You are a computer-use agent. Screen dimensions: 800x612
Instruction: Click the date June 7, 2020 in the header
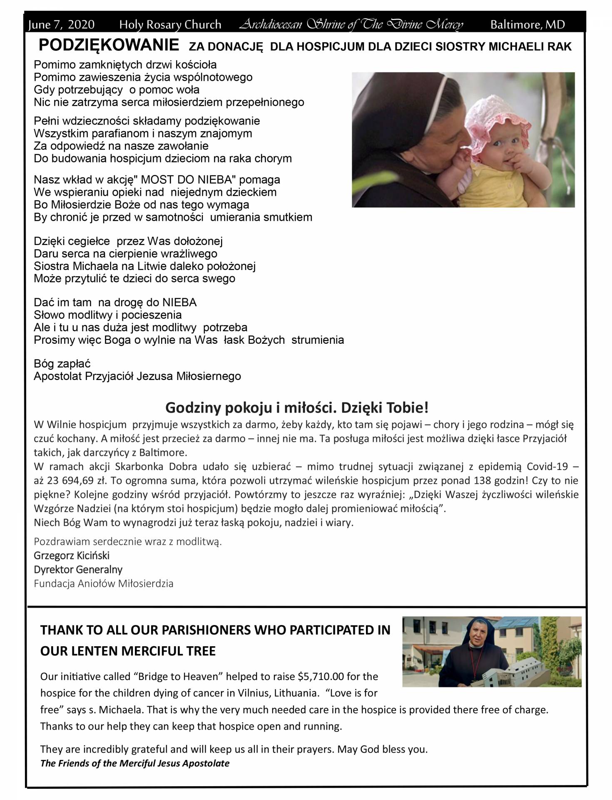pos(61,25)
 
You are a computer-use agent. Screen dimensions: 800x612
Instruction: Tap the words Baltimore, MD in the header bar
pos(527,25)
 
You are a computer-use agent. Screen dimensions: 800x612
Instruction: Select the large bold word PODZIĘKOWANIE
pos(109,45)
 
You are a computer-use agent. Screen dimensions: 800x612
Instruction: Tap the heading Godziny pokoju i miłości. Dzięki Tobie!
pos(297,407)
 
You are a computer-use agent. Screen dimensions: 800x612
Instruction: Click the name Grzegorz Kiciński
pos(72,555)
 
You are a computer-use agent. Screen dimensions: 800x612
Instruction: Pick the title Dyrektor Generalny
pos(78,569)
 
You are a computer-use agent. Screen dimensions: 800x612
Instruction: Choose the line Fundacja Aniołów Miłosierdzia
pos(104,583)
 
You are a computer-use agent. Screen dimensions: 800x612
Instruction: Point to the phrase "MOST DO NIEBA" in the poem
pos(188,180)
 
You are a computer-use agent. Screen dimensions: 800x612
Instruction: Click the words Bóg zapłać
pos(62,364)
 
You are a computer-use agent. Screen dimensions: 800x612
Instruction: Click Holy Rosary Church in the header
pos(170,25)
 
